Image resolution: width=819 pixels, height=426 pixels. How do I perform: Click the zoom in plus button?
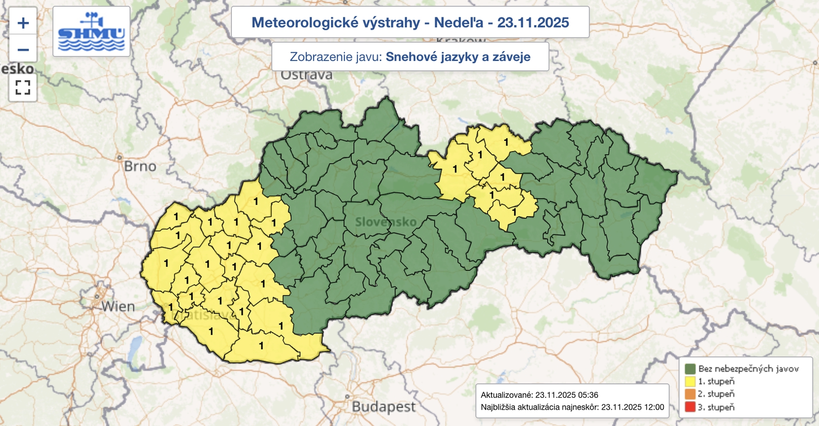23,23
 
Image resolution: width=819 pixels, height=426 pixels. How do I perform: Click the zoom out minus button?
23,50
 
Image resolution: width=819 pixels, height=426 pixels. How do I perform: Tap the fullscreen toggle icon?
23,88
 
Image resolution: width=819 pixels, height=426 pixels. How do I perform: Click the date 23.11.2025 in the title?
533,23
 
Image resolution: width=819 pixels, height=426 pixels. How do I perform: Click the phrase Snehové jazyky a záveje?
458,57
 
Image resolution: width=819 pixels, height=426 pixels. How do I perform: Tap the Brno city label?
140,166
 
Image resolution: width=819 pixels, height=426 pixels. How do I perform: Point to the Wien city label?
118,307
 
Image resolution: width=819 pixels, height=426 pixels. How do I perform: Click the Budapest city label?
383,407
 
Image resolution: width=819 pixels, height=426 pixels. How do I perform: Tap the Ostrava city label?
307,75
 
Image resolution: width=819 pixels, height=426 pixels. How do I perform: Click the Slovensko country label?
385,222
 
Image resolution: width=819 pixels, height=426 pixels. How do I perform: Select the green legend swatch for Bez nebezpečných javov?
690,369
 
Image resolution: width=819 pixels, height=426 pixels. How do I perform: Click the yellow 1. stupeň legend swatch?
690,381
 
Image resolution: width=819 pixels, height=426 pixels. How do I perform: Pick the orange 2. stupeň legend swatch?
690,394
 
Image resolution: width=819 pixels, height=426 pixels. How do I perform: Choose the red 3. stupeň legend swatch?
690,407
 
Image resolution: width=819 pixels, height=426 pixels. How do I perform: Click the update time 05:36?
587,395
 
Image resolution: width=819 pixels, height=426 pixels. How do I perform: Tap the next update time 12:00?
654,407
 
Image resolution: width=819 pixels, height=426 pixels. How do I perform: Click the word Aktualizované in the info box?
506,395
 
